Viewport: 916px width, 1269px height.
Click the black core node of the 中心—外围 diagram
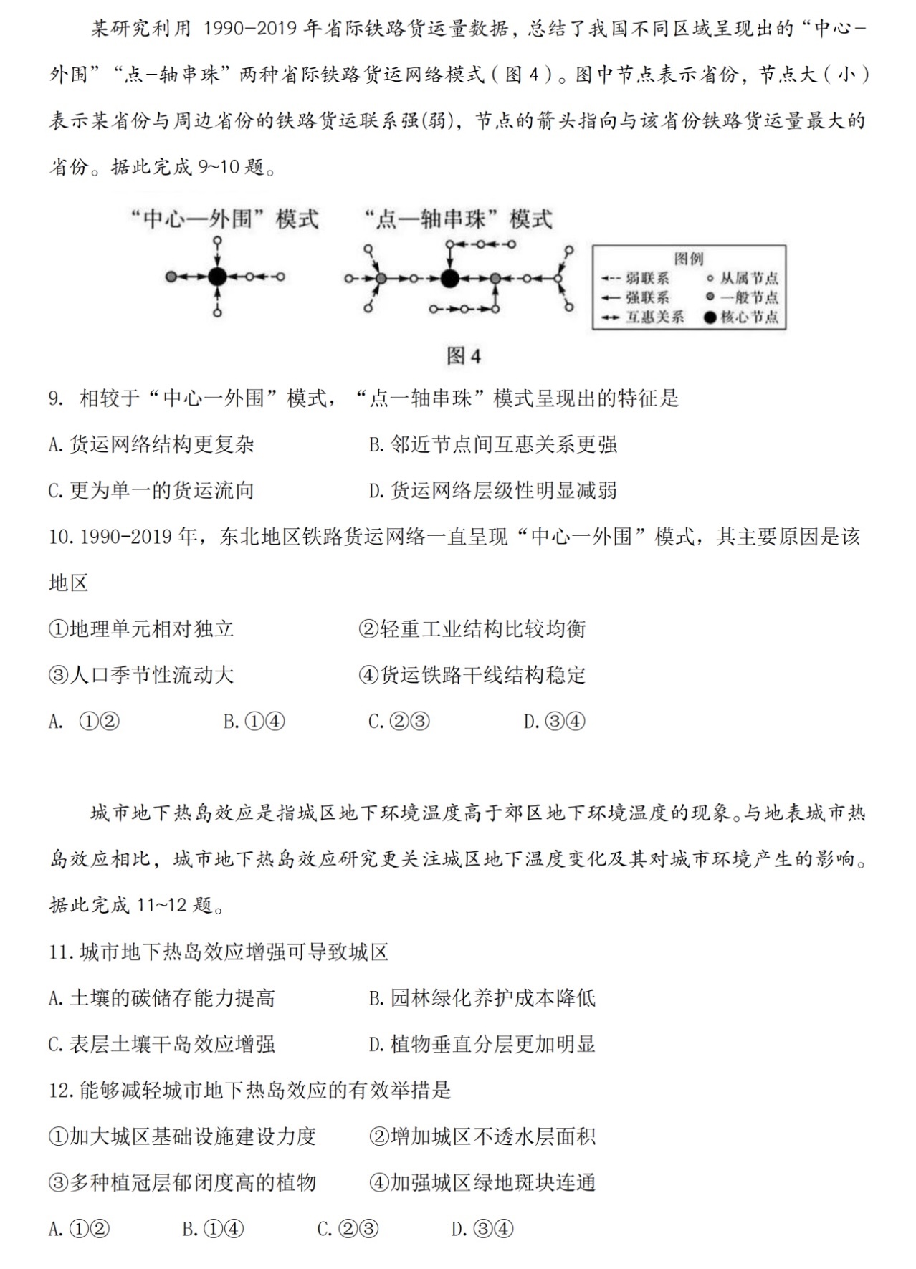(x=218, y=277)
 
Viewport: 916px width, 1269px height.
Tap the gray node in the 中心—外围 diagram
(x=171, y=277)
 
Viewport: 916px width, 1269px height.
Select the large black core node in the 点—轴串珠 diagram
(x=449, y=278)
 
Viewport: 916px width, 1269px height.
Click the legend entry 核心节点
(x=743, y=317)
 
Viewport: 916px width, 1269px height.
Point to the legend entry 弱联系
(x=637, y=278)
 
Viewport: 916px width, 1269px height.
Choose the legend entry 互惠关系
(x=644, y=317)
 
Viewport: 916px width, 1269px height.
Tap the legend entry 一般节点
(x=743, y=297)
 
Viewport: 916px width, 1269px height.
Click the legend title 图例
(x=689, y=259)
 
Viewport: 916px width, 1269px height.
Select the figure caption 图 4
(x=464, y=356)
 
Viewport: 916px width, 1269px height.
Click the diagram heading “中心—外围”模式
(x=224, y=219)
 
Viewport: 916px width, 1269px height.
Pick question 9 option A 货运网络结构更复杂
(x=151, y=445)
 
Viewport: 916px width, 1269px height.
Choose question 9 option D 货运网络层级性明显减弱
(x=492, y=491)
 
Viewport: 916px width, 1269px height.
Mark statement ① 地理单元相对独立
(x=141, y=629)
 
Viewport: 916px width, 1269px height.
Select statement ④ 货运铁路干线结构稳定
(x=472, y=675)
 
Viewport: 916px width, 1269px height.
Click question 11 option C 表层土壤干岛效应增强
(x=161, y=1044)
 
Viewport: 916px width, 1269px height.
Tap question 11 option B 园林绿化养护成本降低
(x=482, y=998)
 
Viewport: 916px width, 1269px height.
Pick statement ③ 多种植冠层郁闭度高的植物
(x=182, y=1182)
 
